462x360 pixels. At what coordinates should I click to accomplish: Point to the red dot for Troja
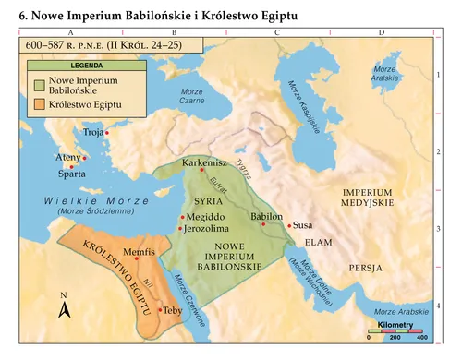[x=107, y=133]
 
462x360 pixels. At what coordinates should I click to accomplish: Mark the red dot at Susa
[x=289, y=225]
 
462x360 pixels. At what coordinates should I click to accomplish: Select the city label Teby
[x=173, y=311]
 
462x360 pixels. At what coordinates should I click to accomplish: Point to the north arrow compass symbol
[x=64, y=307]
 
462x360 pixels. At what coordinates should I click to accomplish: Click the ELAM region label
[x=318, y=242]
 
